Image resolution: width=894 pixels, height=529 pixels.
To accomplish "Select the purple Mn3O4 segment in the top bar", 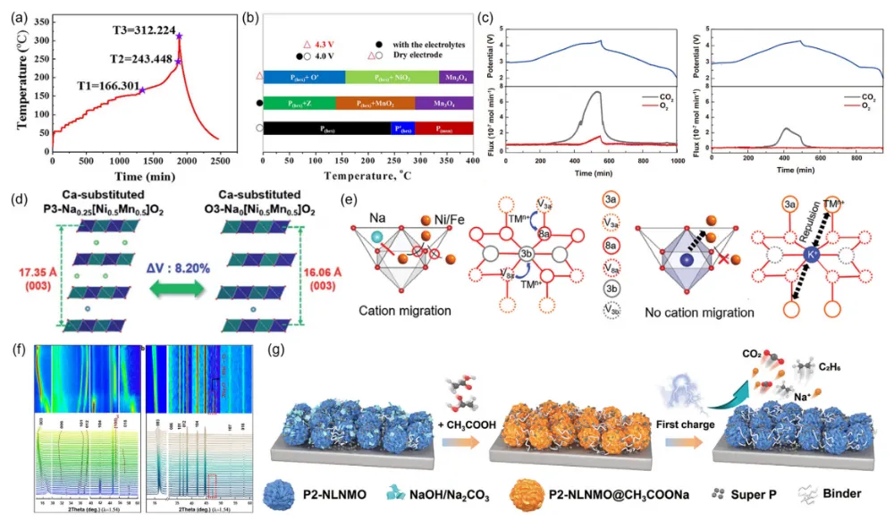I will click(455, 78).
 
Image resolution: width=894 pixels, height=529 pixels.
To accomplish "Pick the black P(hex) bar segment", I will click(327, 129).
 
